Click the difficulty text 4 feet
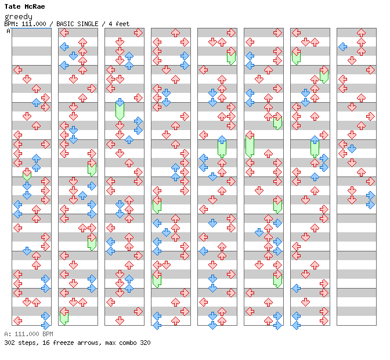[117, 24]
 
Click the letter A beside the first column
[8, 31]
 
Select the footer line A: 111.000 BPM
[28, 334]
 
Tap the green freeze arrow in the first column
[27, 173]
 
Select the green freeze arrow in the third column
[120, 109]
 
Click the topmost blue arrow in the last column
[343, 46]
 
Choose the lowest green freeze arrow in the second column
[64, 316]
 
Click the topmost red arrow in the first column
[17, 70]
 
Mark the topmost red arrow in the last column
[361, 33]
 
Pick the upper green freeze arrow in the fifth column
[231, 56]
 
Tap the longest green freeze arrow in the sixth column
[250, 144]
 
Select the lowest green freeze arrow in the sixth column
[277, 280]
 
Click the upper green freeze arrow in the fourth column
[157, 204]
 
